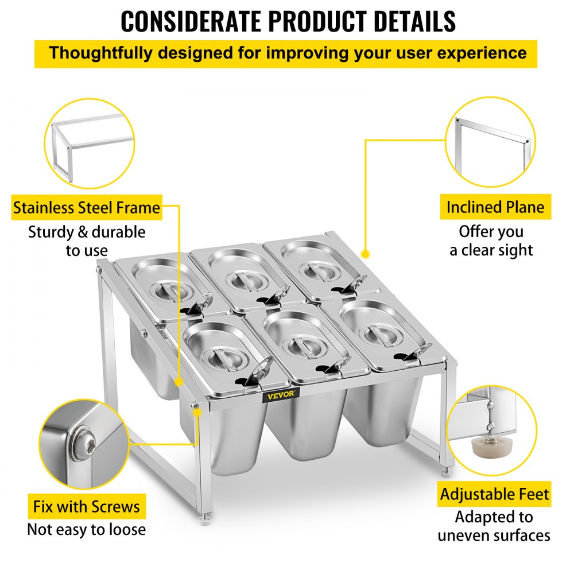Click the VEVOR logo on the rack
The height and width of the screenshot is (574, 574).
coord(281,394)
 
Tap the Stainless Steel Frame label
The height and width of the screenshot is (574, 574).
coord(87,208)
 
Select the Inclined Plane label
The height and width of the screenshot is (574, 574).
coord(495,207)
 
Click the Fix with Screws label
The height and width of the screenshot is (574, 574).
coord(86,507)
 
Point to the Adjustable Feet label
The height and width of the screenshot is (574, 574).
coord(495,494)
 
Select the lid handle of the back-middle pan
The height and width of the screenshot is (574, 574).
coord(244,278)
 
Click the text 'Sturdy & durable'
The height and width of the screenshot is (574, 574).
coord(87,232)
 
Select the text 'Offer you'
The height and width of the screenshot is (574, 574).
coord(491,232)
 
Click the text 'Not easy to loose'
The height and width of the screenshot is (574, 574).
coord(86,529)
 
